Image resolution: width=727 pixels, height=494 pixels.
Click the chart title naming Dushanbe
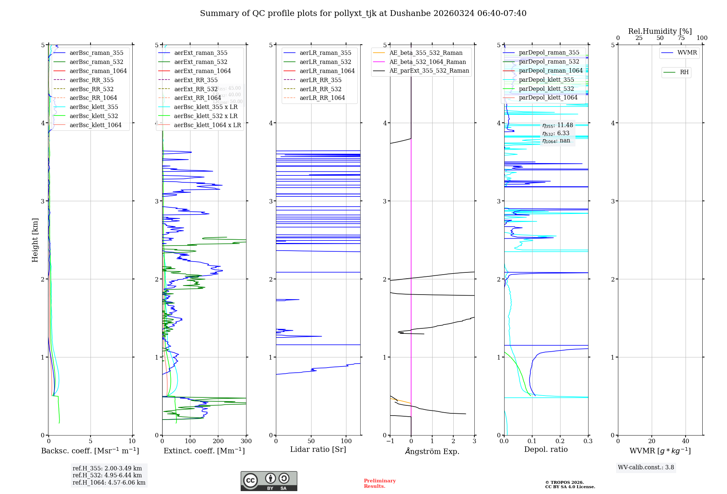[363, 13]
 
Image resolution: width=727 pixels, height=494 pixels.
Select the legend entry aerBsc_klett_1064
[95, 125]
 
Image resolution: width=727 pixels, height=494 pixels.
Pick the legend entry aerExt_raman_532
[201, 62]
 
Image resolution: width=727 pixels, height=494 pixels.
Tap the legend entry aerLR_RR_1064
[322, 98]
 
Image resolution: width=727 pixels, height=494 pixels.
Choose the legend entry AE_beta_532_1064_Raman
[427, 62]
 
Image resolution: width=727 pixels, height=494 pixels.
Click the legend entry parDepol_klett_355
[546, 80]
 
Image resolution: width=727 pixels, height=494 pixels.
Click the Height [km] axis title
[35, 240]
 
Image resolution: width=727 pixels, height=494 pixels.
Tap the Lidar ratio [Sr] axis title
[318, 449]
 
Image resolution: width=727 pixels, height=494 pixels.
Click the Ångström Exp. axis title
[432, 451]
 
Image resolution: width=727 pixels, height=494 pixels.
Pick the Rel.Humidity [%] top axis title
[660, 31]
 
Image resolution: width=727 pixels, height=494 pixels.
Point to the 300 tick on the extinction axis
[246, 441]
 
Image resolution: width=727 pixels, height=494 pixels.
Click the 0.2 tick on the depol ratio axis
[560, 441]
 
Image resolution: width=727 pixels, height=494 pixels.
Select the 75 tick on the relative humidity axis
[681, 38]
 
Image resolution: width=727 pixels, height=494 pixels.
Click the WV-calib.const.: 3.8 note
[646, 467]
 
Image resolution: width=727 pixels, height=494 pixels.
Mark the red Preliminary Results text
[379, 483]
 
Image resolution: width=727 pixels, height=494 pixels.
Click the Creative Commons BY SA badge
[269, 481]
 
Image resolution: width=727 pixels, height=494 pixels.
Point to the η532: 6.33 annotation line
[556, 133]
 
